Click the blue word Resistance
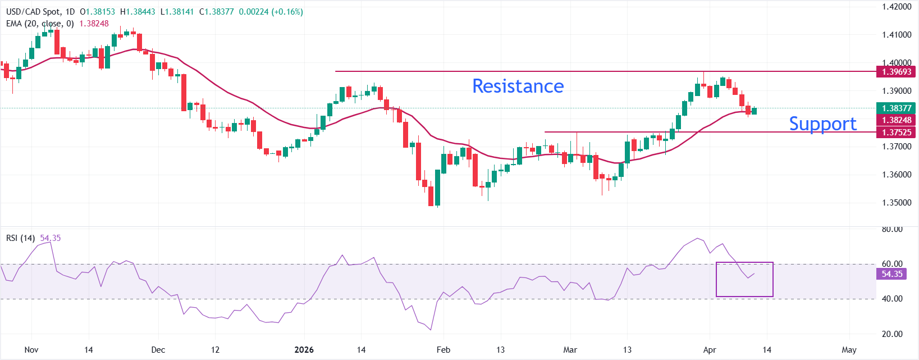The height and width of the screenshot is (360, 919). [x=518, y=86]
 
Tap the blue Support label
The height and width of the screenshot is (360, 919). [x=822, y=124]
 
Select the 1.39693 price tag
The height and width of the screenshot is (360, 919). [x=896, y=72]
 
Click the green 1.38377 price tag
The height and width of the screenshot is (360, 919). [x=896, y=108]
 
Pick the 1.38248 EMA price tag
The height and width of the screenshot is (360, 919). [x=896, y=120]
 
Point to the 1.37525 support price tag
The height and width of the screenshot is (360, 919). [x=896, y=133]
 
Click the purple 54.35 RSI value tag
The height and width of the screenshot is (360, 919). [x=891, y=274]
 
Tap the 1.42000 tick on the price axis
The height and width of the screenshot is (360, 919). [x=896, y=7]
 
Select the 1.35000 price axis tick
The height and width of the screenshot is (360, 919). [x=896, y=203]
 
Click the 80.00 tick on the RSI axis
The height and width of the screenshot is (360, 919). [x=892, y=229]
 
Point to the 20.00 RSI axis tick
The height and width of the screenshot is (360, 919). [x=892, y=334]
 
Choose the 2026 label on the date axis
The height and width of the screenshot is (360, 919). [x=304, y=350]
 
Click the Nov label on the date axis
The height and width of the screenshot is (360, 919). [x=31, y=350]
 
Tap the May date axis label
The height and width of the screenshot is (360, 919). [x=849, y=350]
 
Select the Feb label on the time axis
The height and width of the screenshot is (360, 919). [x=444, y=350]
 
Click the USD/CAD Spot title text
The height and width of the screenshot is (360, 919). [x=33, y=12]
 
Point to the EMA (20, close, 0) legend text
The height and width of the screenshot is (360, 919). [x=40, y=24]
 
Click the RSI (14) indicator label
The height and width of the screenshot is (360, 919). [x=20, y=238]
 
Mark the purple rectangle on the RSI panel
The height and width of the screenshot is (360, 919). [x=744, y=279]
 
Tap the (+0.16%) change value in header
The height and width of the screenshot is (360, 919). [x=287, y=12]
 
